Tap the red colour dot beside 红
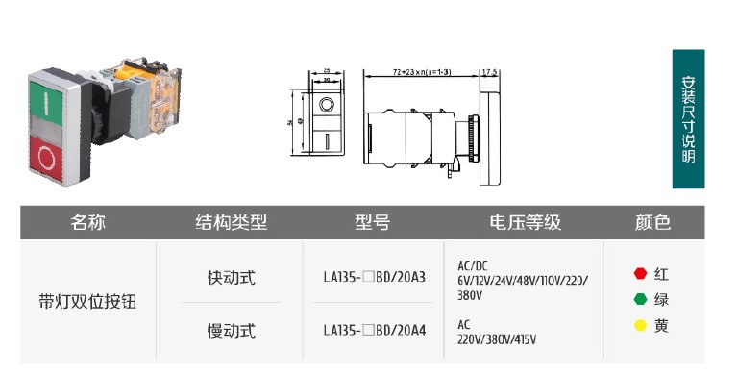point(640,274)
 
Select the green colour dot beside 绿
point(640,299)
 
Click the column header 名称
point(88,223)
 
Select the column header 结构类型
point(232,223)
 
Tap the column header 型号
point(372,223)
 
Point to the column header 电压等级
point(525,223)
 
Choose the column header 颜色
point(652,223)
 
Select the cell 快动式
point(232,277)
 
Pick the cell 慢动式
point(232,331)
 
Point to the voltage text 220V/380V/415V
point(497,339)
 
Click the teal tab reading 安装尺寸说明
point(688,119)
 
